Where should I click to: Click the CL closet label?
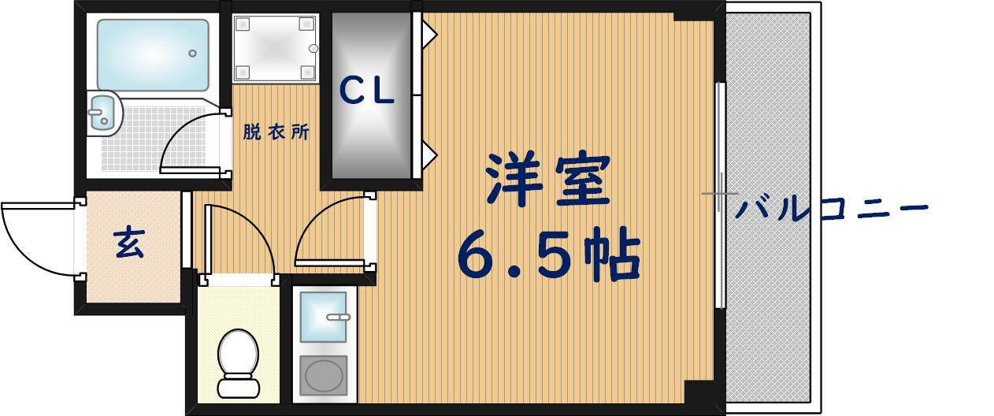pos(367,93)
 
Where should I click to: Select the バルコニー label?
pos(832,210)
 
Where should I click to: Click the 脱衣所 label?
pos(276,133)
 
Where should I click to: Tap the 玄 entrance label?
pos(130,243)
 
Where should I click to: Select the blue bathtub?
pos(152,54)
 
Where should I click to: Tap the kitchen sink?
pos(324,316)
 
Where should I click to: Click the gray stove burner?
pos(324,375)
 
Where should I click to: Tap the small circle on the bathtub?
pos(192,54)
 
